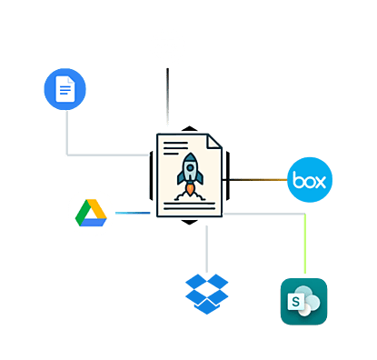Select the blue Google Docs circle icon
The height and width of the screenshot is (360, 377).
(x=64, y=90)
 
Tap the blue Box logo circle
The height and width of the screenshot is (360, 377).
(x=310, y=180)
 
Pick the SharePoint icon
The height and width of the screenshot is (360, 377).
(x=303, y=301)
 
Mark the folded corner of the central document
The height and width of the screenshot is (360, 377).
(x=213, y=142)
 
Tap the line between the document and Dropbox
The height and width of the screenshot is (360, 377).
(x=207, y=245)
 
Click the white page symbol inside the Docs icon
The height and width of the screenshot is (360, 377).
(x=64, y=90)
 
